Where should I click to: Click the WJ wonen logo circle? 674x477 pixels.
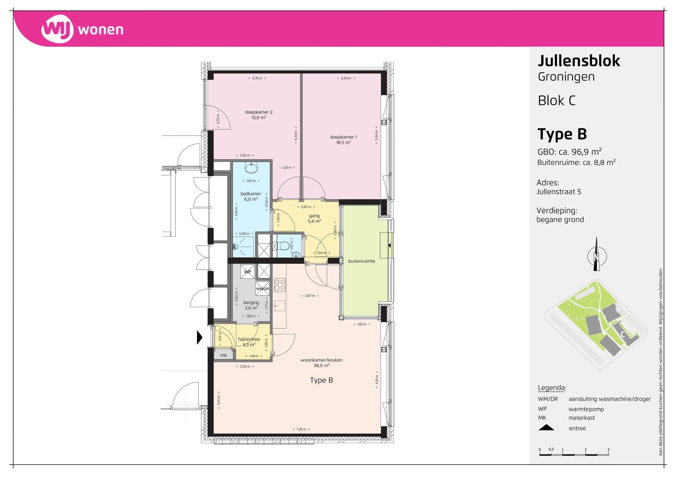(57, 29)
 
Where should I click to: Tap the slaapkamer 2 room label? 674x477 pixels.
(259, 115)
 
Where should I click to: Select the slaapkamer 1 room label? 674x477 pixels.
(344, 140)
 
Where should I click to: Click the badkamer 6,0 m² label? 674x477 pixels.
(251, 197)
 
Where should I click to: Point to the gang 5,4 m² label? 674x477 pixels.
(314, 219)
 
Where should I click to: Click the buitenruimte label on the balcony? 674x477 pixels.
(361, 261)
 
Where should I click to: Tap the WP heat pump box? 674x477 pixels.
(247, 271)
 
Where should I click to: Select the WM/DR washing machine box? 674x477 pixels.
(262, 289)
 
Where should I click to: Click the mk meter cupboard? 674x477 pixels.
(224, 355)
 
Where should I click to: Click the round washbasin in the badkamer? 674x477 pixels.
(251, 168)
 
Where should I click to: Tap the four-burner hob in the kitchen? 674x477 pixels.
(280, 285)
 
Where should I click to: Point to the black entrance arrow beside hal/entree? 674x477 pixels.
(200, 337)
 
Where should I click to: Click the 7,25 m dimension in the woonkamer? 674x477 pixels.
(301, 429)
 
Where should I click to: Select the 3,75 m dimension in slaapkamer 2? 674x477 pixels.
(257, 79)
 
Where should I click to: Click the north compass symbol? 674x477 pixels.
(597, 255)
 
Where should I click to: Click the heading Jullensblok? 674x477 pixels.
(579, 61)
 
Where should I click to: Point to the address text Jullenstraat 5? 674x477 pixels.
(559, 192)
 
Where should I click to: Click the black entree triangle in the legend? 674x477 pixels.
(546, 428)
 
